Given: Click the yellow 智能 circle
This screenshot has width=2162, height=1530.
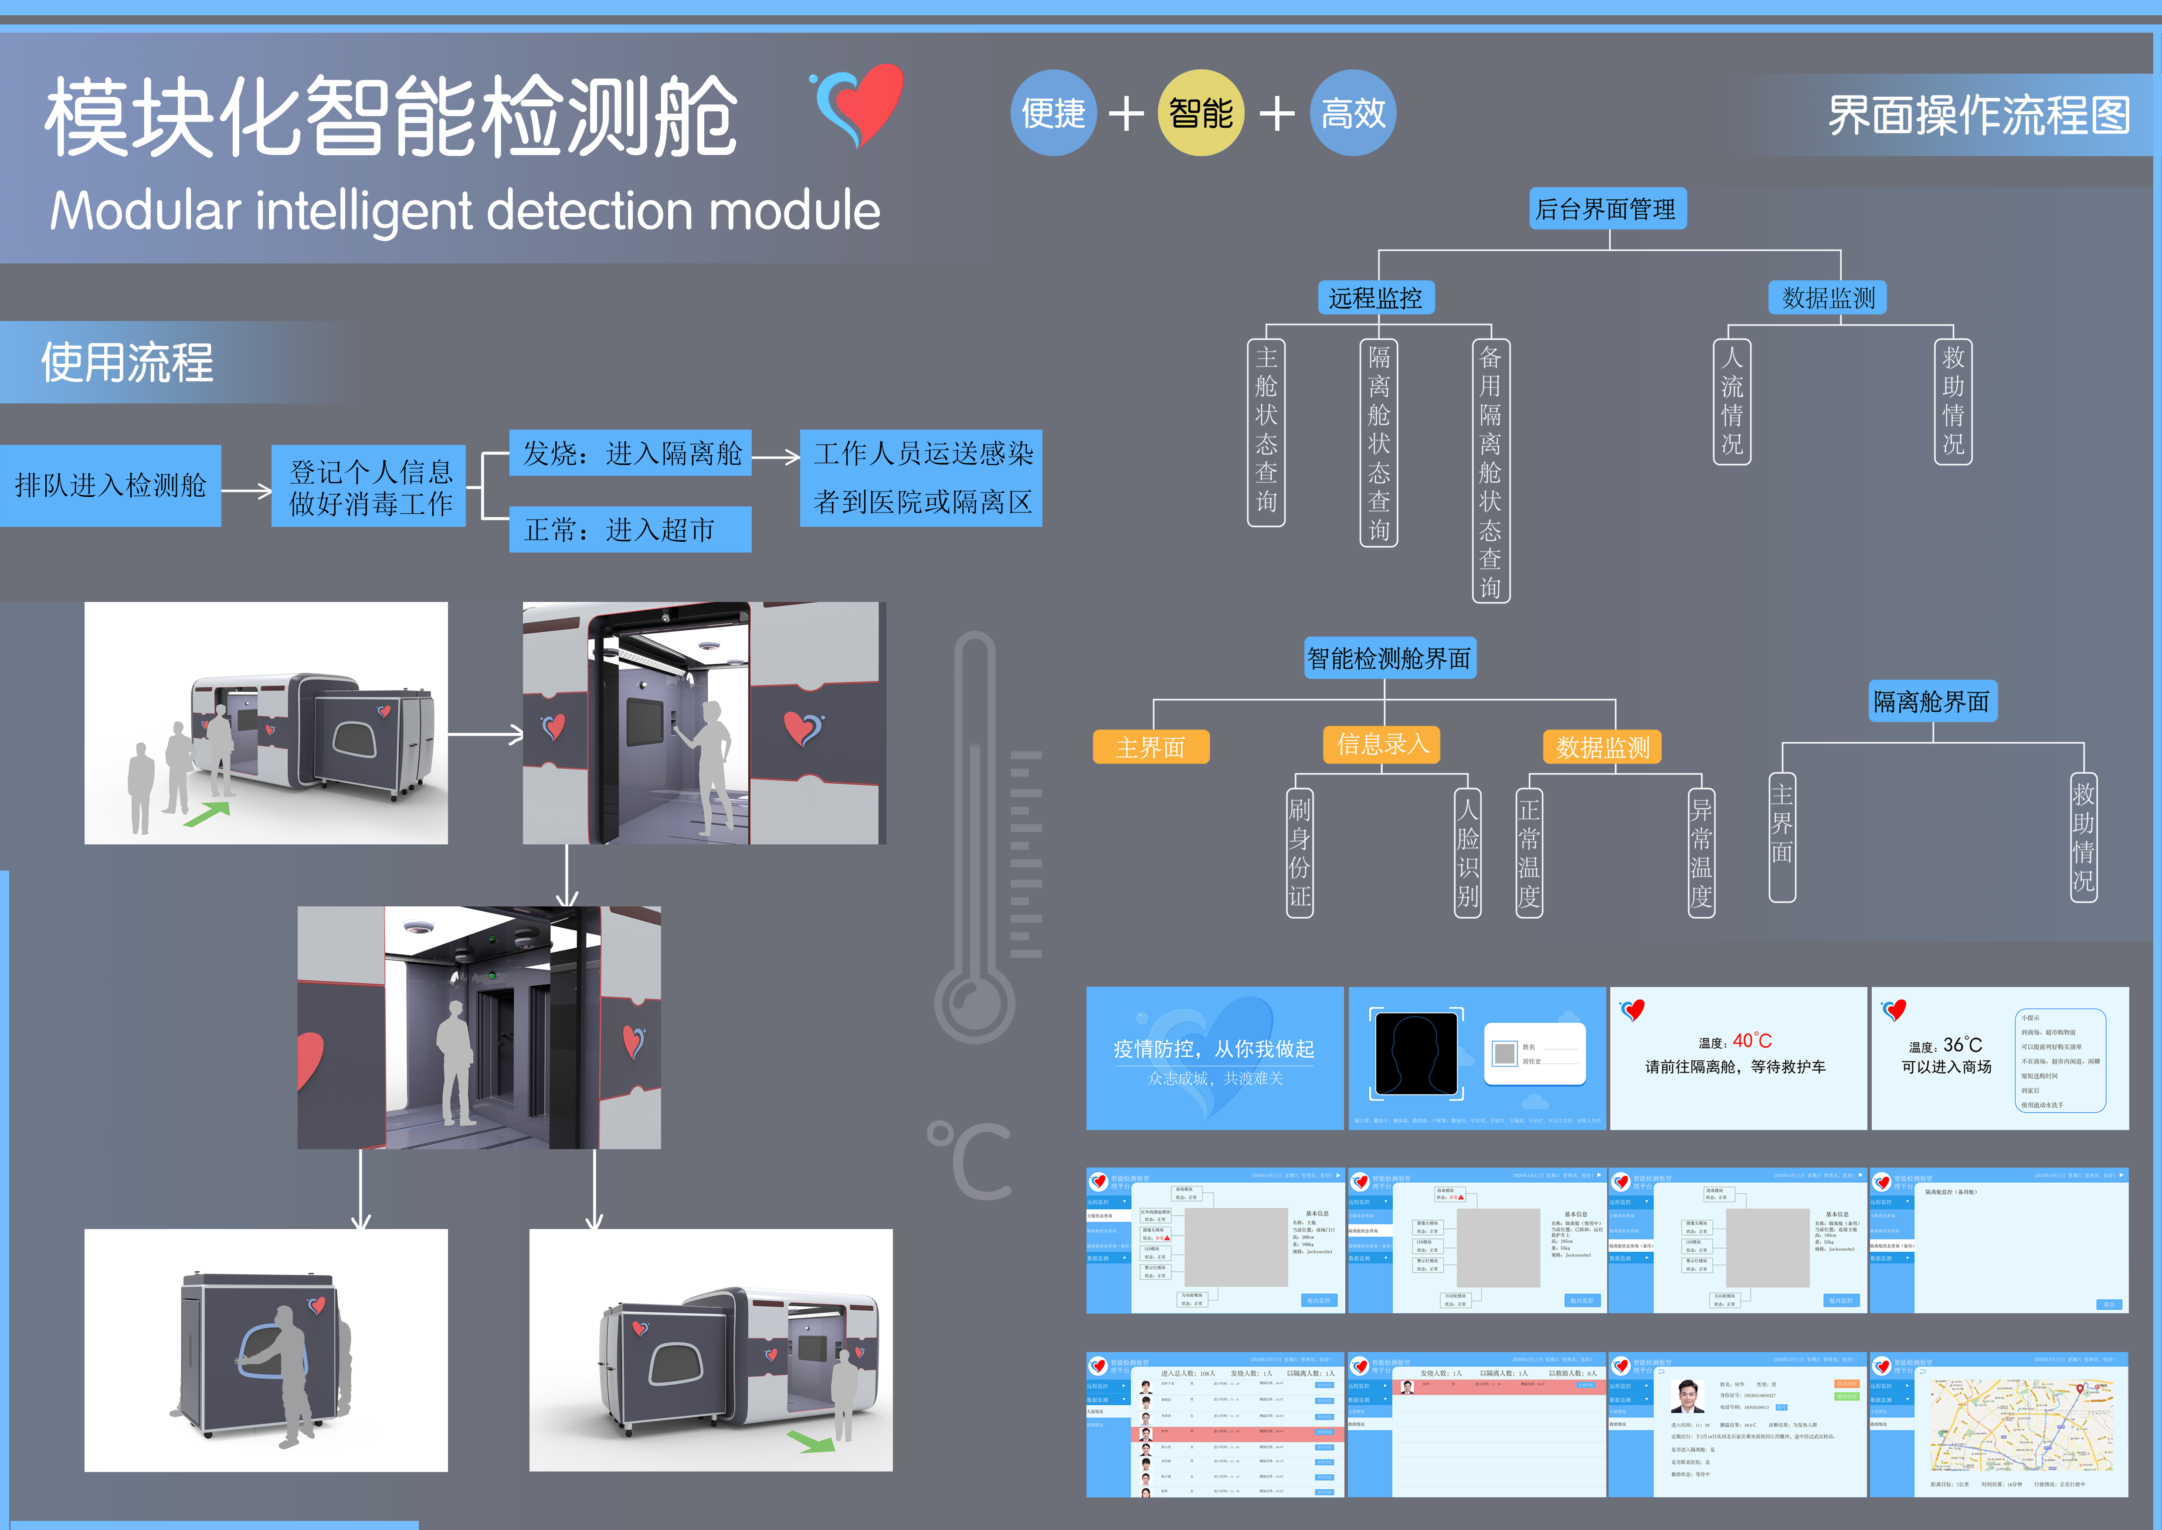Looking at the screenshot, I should pos(1201,113).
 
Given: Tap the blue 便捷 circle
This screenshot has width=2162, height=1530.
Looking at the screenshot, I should pos(1054,113).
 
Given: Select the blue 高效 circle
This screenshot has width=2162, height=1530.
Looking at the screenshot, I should pos(1353,113).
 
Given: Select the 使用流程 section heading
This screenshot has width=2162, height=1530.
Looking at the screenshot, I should pos(127,363).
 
